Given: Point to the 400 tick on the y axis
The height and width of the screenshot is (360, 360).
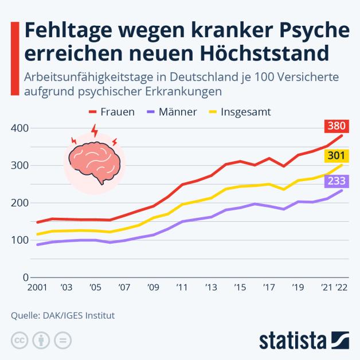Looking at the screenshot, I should coord(19,128).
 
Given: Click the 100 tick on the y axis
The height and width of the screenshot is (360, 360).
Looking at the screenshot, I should coord(19,240).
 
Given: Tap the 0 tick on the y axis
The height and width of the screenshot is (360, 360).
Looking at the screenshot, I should coord(25,277).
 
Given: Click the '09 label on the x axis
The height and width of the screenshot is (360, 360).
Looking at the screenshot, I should coord(152,287).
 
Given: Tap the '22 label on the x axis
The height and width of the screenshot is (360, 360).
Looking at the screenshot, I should coord(342,287).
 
